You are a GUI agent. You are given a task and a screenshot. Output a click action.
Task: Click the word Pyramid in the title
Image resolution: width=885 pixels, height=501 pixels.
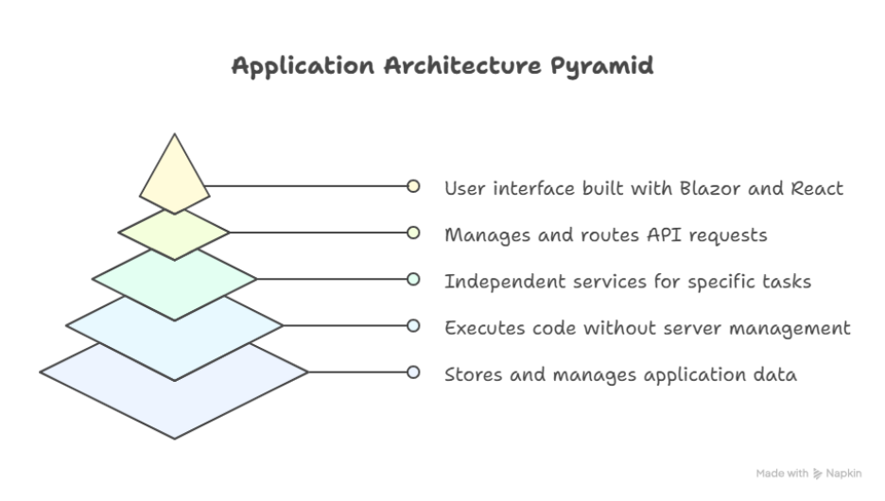(x=602, y=66)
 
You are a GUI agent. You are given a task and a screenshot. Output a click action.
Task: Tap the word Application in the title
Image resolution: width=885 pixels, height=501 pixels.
(x=304, y=66)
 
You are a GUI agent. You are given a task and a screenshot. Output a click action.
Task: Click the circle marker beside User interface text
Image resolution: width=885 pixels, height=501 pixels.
(x=413, y=186)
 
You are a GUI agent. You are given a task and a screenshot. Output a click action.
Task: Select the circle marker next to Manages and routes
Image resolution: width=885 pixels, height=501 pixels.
(x=413, y=233)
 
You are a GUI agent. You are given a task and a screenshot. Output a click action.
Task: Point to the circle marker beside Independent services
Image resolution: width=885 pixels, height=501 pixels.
(x=413, y=279)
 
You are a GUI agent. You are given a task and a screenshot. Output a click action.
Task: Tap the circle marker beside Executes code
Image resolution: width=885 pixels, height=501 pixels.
(x=413, y=325)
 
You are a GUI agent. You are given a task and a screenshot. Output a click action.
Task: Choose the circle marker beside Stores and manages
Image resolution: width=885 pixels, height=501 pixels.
(x=413, y=372)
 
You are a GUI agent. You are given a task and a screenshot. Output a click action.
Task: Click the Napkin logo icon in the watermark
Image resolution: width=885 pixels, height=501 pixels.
(x=817, y=474)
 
